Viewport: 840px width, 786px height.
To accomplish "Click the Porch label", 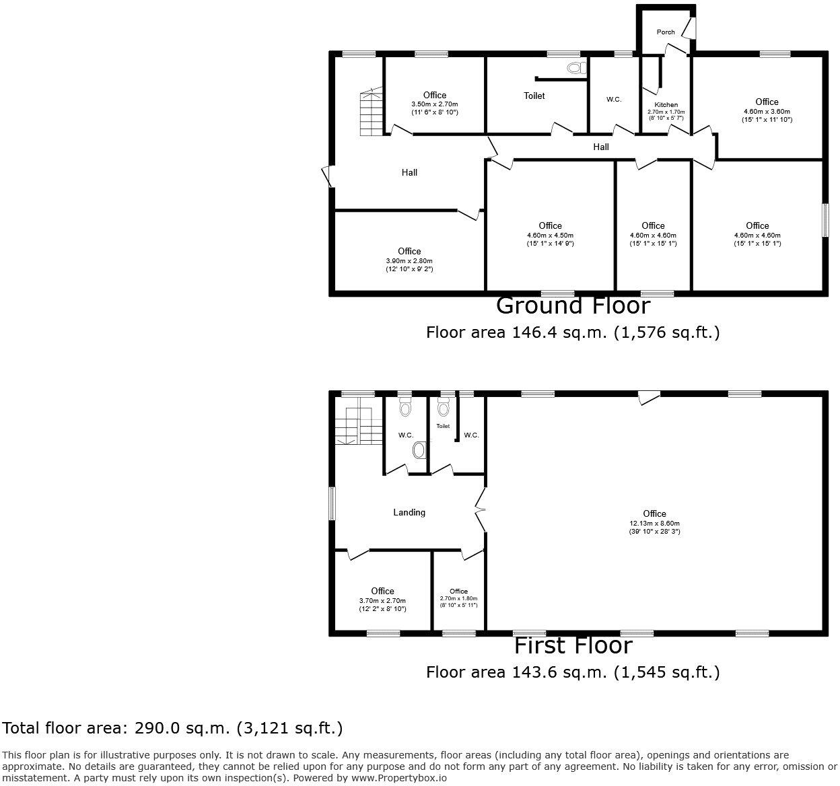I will tap(666, 32).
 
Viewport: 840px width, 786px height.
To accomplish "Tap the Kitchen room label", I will tap(666, 105).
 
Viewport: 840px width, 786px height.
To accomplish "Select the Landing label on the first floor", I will tap(409, 513).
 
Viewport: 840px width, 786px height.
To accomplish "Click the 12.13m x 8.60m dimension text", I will tap(654, 523).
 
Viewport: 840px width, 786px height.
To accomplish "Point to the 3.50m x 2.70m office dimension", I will tap(435, 104).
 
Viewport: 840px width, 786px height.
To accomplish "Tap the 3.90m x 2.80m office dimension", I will tap(409, 261).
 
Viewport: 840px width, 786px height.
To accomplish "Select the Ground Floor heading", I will tap(573, 306).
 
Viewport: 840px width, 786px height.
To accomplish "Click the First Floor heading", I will tap(573, 646).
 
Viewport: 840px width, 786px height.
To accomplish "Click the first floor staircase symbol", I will tap(354, 425).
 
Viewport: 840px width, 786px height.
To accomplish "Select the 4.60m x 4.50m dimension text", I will tap(550, 235).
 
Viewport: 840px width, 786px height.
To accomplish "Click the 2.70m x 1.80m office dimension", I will tap(458, 598).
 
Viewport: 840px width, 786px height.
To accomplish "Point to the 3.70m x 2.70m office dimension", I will tap(382, 601).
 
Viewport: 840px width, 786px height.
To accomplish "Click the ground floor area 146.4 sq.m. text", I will tap(573, 332).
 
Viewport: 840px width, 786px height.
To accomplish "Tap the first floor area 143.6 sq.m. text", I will tap(573, 672).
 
